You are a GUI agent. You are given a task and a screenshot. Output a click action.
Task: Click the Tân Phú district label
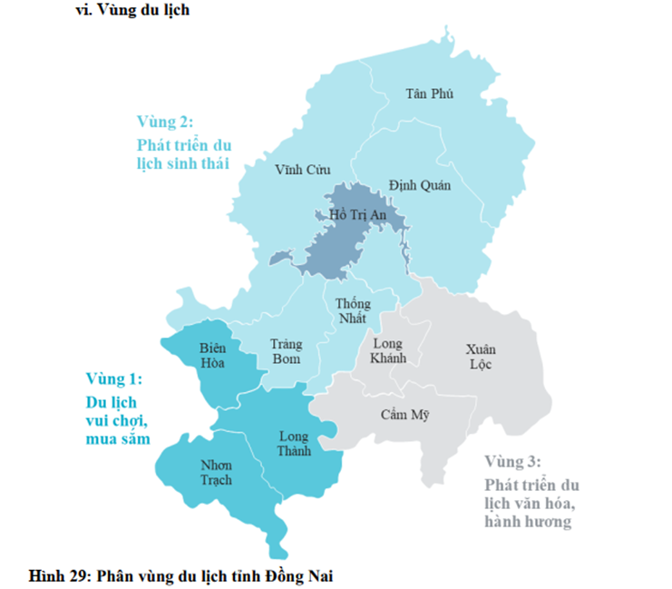430,93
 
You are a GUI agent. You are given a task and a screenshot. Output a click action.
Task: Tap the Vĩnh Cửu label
302,170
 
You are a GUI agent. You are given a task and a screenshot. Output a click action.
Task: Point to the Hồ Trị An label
357,215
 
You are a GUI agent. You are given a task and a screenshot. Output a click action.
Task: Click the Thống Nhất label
354,311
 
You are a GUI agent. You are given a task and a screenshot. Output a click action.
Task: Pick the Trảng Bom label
287,352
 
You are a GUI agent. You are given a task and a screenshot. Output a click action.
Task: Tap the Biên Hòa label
216,356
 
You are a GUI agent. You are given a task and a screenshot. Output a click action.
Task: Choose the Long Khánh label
389,351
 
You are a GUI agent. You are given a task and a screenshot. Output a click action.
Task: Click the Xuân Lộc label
481,357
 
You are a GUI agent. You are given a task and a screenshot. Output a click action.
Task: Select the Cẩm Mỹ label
404,415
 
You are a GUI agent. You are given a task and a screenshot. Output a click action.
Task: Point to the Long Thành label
294,444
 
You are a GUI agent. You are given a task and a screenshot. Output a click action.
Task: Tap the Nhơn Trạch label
216,472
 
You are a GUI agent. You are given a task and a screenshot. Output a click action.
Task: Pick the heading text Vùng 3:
512,461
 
